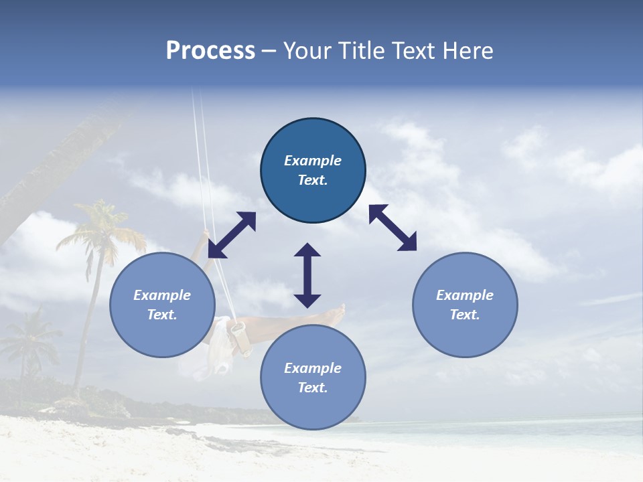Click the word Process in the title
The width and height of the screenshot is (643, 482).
tap(210, 51)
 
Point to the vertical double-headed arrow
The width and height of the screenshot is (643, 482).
tap(307, 275)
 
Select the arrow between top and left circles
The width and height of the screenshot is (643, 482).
tap(232, 235)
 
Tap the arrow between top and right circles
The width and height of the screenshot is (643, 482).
tap(392, 228)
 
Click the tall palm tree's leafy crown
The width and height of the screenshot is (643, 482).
tap(100, 228)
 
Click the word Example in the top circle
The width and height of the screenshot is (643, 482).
tap(313, 161)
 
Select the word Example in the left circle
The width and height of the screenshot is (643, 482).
tap(162, 295)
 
